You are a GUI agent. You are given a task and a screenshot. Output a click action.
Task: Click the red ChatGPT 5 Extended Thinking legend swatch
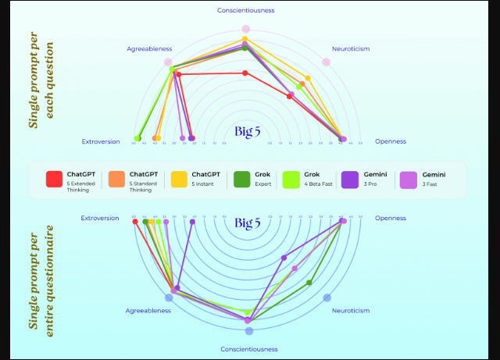[x=54, y=179]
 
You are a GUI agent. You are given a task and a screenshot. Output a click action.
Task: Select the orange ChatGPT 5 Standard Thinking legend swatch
[x=116, y=179]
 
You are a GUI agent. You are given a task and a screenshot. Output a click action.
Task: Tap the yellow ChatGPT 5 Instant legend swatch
[x=179, y=179]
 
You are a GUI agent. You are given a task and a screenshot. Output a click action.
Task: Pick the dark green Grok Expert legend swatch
[x=241, y=179]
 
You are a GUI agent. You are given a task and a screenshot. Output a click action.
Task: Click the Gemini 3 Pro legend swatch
[x=349, y=179]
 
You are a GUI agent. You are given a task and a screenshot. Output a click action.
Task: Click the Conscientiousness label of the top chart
[x=245, y=11]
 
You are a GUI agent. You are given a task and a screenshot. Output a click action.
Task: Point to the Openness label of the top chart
[x=391, y=141]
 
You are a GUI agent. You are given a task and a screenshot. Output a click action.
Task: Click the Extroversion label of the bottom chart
[x=100, y=218]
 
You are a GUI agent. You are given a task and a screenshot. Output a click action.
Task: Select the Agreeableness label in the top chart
[x=149, y=48]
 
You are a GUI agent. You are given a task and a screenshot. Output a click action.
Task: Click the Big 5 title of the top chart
[x=247, y=131]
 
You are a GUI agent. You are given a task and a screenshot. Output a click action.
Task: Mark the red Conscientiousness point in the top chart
[x=245, y=73]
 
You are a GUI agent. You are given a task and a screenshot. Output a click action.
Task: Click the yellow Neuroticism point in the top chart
[x=308, y=78]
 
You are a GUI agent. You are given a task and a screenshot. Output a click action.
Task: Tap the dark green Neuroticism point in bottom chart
[x=309, y=283]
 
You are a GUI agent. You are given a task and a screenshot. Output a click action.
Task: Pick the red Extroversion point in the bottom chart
[x=135, y=222]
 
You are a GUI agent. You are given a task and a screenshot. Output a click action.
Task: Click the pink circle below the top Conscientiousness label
[x=245, y=29]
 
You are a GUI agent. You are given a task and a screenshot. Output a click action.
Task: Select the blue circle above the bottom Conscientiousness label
[x=248, y=330]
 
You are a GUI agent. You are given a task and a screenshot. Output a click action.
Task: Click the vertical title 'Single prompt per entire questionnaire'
[x=41, y=277]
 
